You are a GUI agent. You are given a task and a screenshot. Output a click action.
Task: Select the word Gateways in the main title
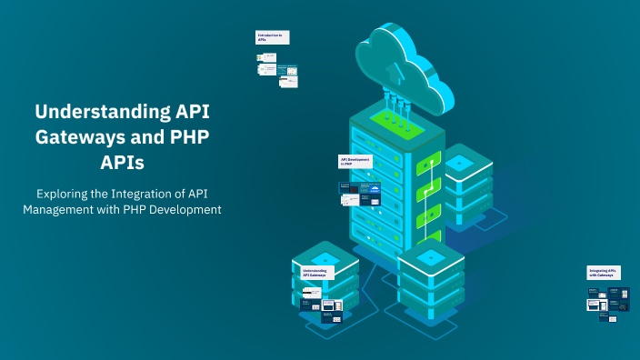[76, 138]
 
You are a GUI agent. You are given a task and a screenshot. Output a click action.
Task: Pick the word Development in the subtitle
[185, 211]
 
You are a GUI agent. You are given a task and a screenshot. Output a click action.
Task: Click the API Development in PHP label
[355, 161]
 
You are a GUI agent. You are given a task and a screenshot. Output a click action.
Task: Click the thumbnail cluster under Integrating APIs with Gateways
[608, 301]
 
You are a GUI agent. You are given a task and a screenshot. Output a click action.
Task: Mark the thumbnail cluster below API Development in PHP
[360, 194]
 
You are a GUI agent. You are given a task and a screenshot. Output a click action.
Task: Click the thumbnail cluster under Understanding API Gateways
[322, 303]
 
